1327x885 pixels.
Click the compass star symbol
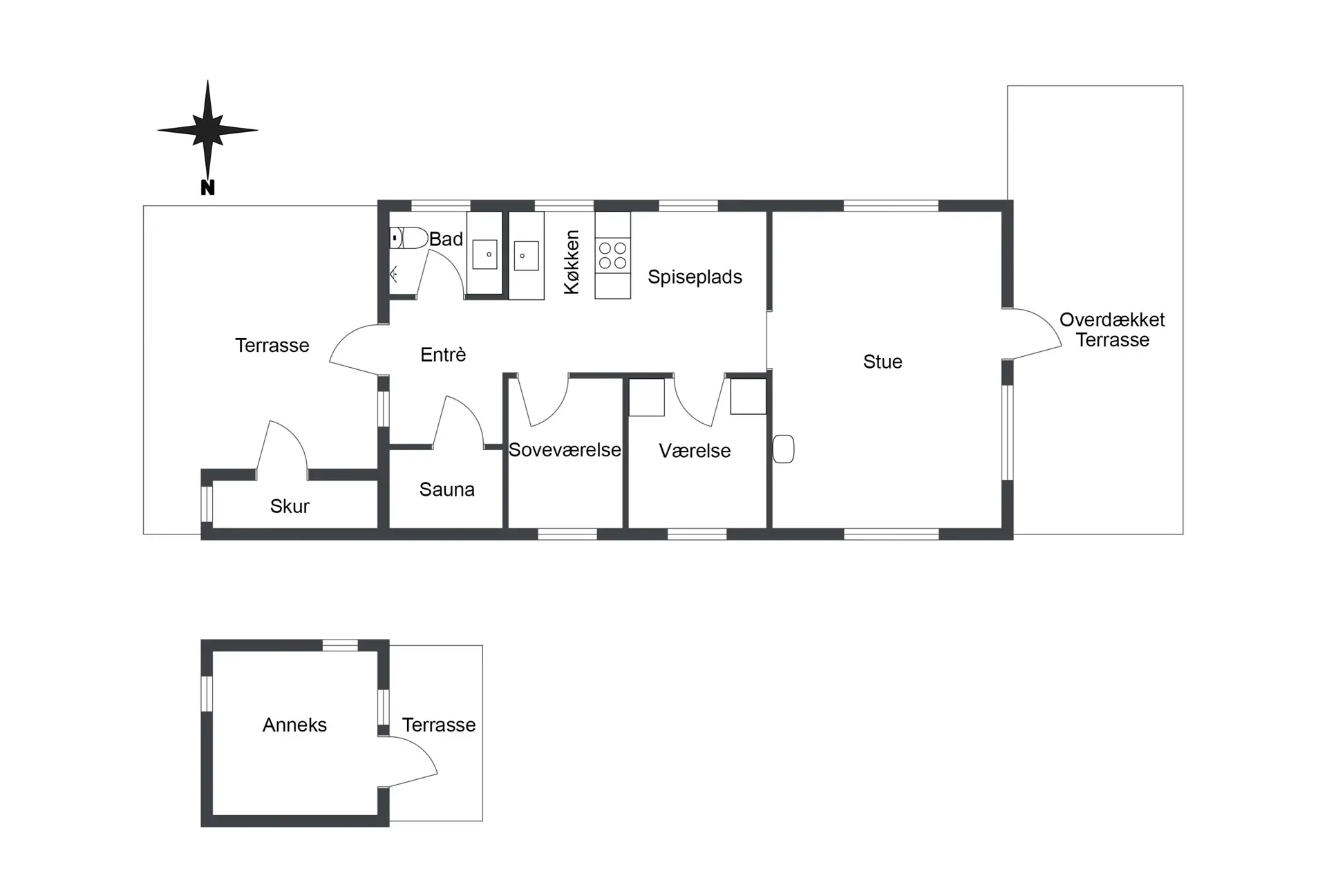pos(207,129)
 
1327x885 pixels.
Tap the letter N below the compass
pos(207,187)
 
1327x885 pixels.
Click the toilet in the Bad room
pos(408,239)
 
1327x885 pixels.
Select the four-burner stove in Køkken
pos(612,255)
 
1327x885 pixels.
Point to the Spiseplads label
pos(695,277)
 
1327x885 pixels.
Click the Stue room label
pos(883,362)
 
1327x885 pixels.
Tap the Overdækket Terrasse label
pos(1112,330)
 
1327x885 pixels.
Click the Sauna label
pos(446,490)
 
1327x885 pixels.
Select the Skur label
pos(290,506)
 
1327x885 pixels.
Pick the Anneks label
pos(294,725)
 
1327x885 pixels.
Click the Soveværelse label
pos(565,450)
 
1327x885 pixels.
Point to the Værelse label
pos(695,451)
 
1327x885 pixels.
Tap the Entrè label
pos(443,355)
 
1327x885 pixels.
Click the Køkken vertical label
pos(572,263)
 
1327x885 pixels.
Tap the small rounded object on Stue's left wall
pos(783,449)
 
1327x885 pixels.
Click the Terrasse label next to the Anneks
pos(439,725)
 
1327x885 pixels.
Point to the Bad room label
pos(446,239)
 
